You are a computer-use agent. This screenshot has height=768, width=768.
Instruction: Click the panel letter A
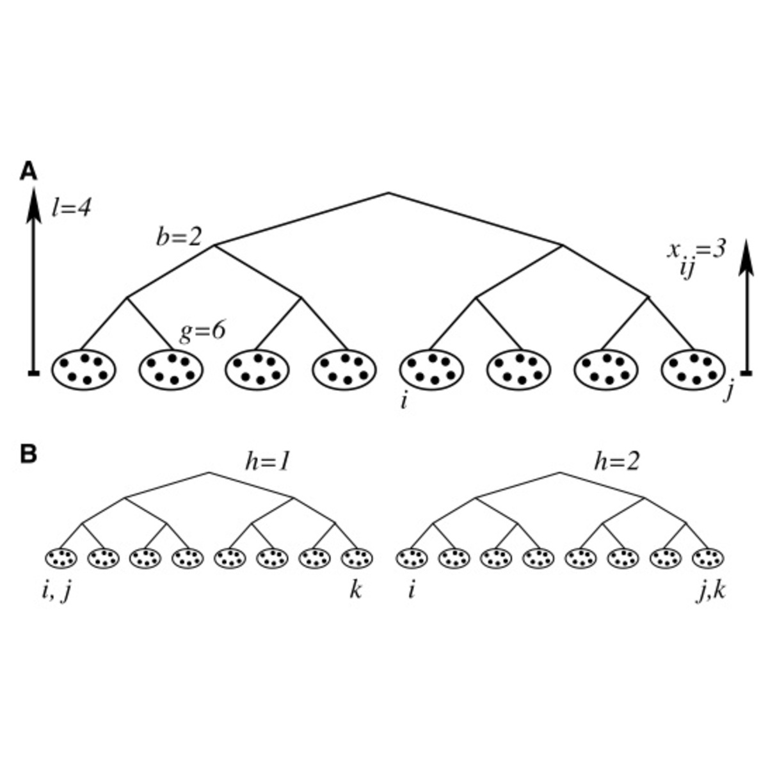pos(29,171)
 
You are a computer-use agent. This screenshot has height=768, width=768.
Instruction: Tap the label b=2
pos(179,237)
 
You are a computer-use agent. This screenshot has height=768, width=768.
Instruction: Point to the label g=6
pos(203,331)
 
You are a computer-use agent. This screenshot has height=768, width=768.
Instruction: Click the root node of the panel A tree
pos(388,193)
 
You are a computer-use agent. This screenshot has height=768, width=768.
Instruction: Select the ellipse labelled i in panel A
pos(431,369)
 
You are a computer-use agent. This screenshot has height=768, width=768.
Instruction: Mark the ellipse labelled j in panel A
pos(692,369)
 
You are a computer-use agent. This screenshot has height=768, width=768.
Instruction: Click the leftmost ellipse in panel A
pos(83,369)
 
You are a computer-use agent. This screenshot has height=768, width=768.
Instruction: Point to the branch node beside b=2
pos(215,245)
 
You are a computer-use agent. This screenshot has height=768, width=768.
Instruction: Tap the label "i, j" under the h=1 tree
pos(56,591)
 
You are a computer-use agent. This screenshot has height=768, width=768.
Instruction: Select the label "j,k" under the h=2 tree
pos(710,591)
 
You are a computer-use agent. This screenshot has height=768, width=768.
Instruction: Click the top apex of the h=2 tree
pos(560,473)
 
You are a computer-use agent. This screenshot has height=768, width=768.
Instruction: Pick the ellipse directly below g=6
pos(171,369)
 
